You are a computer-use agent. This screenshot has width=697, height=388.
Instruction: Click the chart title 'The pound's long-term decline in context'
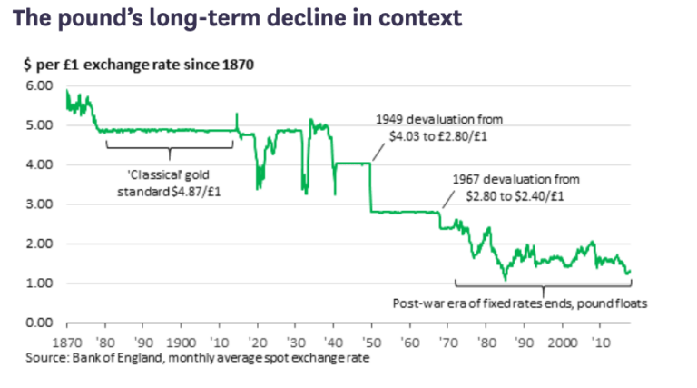(237, 18)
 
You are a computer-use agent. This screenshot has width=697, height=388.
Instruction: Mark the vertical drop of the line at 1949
(370, 186)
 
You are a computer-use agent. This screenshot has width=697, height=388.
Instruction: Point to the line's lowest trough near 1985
(505, 279)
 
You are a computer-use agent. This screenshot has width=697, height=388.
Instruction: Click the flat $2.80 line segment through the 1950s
(404, 212)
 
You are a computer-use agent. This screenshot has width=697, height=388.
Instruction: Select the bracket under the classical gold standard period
(170, 144)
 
